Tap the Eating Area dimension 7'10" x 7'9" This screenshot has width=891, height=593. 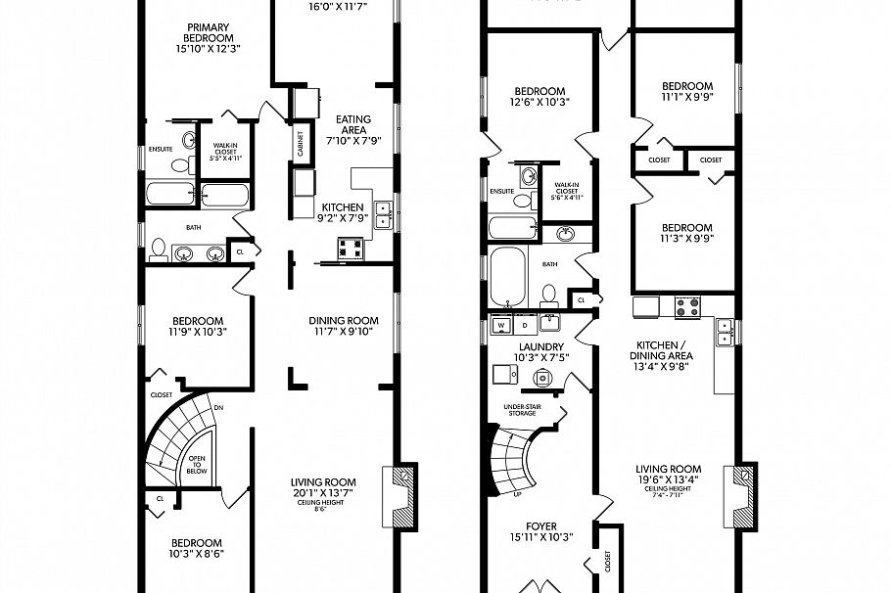tap(353, 140)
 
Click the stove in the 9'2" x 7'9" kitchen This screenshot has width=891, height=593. tap(351, 249)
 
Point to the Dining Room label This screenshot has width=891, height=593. tap(343, 320)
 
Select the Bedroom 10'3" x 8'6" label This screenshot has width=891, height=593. tap(197, 543)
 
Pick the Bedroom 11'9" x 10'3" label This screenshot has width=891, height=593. tap(198, 321)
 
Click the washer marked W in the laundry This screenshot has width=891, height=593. tap(501, 324)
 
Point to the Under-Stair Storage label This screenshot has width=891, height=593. tap(521, 409)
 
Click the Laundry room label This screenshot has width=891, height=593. tap(540, 346)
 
